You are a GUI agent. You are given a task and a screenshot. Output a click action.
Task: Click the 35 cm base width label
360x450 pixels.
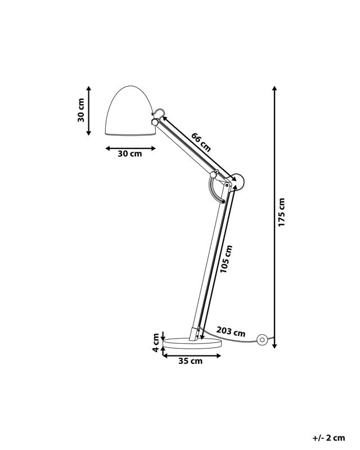tap(190, 362)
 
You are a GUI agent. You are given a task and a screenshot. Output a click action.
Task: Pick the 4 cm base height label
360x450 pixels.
tap(156, 342)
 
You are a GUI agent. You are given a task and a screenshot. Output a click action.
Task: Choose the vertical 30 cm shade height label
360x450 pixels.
tap(82, 110)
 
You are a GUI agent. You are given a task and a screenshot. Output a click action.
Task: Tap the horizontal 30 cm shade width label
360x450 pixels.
tap(130, 154)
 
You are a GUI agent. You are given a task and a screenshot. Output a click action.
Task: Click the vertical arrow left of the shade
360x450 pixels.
tap(89, 111)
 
